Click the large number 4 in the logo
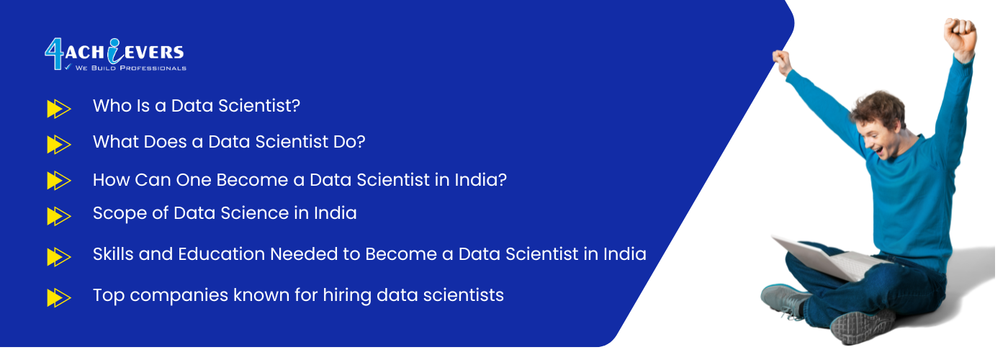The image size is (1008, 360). click(55, 54)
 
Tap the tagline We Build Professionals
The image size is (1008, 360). click(131, 68)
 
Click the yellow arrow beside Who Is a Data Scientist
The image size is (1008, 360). click(59, 109)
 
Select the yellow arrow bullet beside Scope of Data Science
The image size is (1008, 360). click(59, 216)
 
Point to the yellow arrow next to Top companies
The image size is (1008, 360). click(59, 297)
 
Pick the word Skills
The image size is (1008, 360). click(113, 254)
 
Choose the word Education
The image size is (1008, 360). click(222, 254)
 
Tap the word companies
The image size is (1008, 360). click(179, 296)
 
